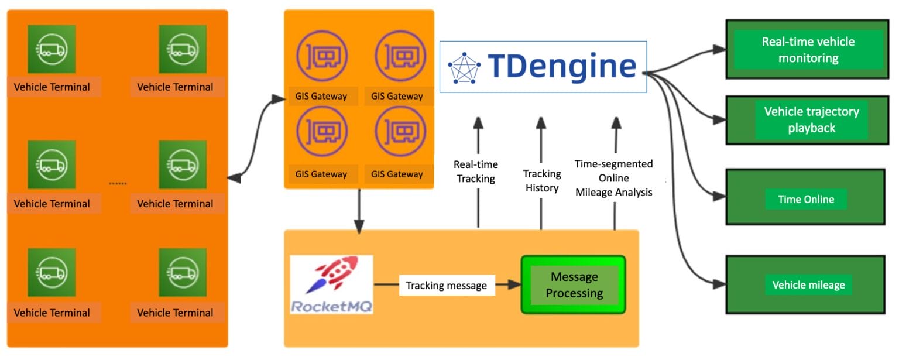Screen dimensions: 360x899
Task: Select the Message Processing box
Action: pyautogui.click(x=574, y=284)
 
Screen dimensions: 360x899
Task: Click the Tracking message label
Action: pyautogui.click(x=446, y=285)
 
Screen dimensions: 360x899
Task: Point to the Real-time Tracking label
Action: pyautogui.click(x=475, y=172)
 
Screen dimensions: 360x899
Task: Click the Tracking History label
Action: pyautogui.click(x=541, y=180)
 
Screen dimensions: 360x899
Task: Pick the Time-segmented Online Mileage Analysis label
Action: pyautogui.click(x=613, y=177)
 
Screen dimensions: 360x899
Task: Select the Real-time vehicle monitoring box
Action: pyautogui.click(x=808, y=50)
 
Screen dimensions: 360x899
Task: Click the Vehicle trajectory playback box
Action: pyautogui.click(x=811, y=119)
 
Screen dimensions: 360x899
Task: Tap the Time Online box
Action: pyautogui.click(x=805, y=199)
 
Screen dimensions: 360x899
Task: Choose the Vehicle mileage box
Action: pyautogui.click(x=808, y=285)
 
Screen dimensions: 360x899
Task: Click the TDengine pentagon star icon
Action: pyautogui.click(x=464, y=67)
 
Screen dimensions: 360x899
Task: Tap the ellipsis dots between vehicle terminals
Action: pyautogui.click(x=118, y=184)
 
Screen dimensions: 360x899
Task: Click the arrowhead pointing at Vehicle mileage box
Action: pyautogui.click(x=718, y=284)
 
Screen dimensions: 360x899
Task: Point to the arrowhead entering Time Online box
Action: pyautogui.click(x=718, y=197)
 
